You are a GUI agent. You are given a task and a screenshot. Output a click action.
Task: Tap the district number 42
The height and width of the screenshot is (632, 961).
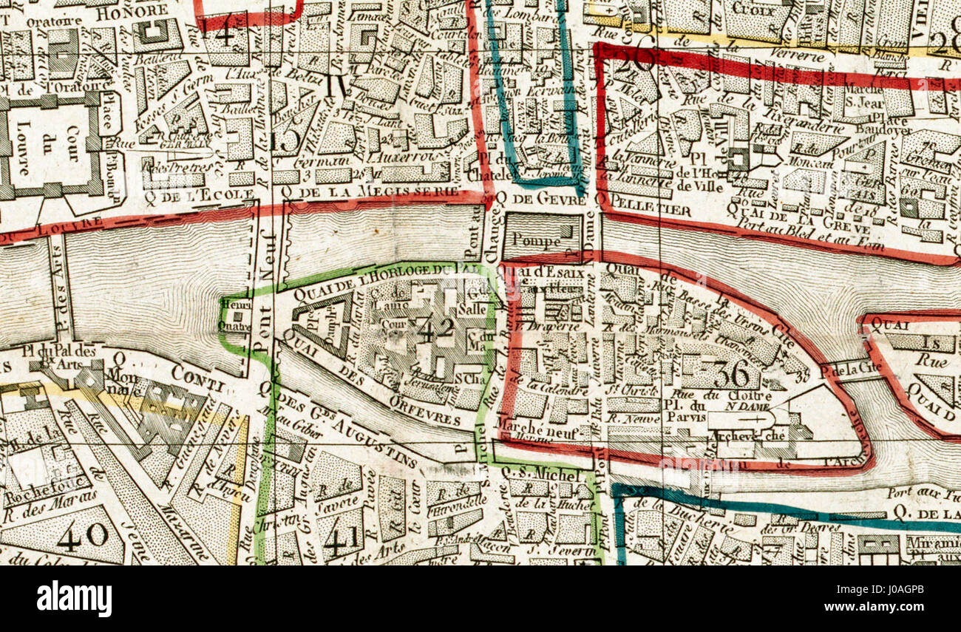click(436, 330)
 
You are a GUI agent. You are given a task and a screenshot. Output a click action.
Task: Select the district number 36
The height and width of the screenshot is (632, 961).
click(730, 374)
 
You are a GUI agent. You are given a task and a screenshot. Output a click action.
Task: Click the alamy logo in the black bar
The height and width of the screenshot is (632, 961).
click(74, 598)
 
